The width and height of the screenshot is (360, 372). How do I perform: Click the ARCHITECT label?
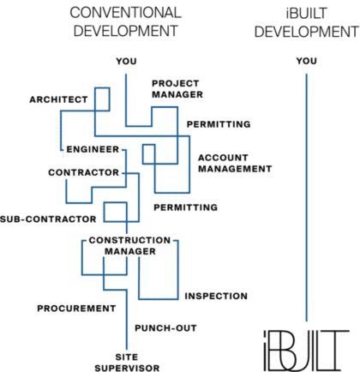pyautogui.click(x=58, y=99)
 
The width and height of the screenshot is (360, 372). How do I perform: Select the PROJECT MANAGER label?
pyautogui.click(x=177, y=89)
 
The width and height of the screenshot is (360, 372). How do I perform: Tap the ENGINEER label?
pyautogui.click(x=93, y=149)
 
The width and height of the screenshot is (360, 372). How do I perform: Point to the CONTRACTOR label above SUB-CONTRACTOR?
pyautogui.click(x=83, y=172)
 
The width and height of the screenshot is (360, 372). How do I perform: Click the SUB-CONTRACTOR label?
pyautogui.click(x=48, y=219)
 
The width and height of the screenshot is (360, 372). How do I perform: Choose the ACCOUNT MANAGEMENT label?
pyautogui.click(x=235, y=163)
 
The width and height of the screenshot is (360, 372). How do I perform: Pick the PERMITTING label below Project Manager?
pyautogui.click(x=219, y=124)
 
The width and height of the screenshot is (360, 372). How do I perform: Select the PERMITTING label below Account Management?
pyautogui.click(x=186, y=207)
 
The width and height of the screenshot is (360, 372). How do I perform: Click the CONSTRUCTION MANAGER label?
pyautogui.click(x=129, y=246)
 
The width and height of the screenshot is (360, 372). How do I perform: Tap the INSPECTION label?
pyautogui.click(x=216, y=296)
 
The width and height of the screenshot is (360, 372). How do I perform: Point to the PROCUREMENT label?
pyautogui.click(x=76, y=309)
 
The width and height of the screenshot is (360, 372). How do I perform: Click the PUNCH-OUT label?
pyautogui.click(x=165, y=328)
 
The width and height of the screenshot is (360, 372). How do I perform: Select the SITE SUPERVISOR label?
pyautogui.click(x=127, y=363)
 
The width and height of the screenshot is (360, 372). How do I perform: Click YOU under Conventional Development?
pyautogui.click(x=126, y=61)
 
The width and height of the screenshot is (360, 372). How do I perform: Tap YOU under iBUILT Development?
pyautogui.click(x=307, y=61)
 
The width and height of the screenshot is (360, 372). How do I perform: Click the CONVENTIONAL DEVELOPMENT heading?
pyautogui.click(x=126, y=21)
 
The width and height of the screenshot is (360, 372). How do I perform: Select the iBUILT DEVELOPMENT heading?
pyautogui.click(x=306, y=22)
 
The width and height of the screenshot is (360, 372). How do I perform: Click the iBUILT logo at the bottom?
pyautogui.click(x=306, y=351)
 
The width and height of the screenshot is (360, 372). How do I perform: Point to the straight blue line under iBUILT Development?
pyautogui.click(x=307, y=197)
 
